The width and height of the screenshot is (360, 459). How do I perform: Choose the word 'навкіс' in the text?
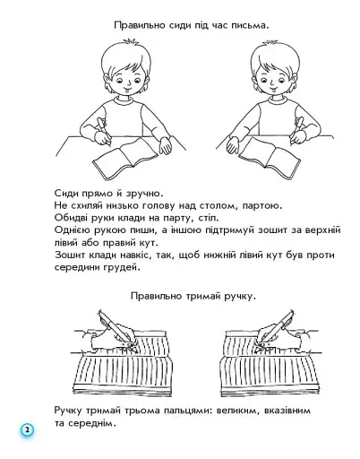click(136, 255)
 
